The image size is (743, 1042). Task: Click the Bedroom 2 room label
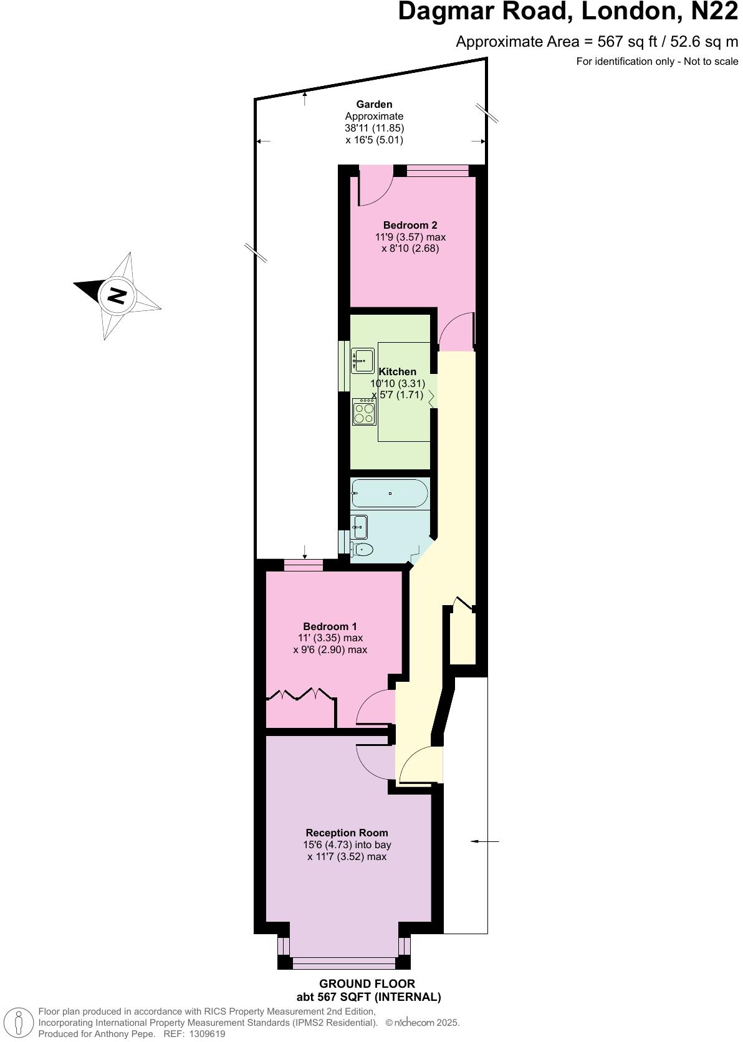(410, 225)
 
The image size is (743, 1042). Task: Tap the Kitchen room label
(397, 371)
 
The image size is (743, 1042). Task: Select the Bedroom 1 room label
(330, 626)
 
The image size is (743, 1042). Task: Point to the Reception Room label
(347, 833)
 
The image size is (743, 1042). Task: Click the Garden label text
(374, 104)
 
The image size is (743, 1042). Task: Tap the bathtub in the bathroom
(390, 493)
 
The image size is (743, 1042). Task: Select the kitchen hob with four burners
(364, 412)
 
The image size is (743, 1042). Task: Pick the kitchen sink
(362, 360)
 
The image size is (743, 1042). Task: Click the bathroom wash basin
(359, 527)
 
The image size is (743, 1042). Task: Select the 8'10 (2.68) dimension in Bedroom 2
(410, 248)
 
